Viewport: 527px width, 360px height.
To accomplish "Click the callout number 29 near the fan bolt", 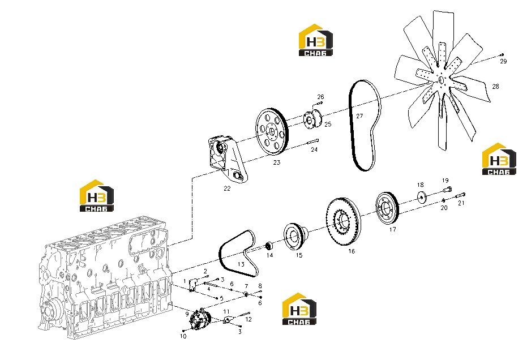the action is pos(503,61).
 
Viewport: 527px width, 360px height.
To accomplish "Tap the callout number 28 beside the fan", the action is pos(495,87).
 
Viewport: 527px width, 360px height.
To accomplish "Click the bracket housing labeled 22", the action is pos(228,158).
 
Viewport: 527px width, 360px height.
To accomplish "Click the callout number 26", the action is pos(320,97).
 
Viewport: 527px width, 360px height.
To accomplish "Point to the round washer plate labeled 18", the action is pos(422,197).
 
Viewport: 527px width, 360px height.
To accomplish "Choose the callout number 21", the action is pos(461,203).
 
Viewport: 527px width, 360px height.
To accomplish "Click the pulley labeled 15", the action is pos(295,236).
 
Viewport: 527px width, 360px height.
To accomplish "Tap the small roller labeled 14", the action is pos(268,246).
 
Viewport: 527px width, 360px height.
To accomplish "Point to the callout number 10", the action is pos(183,336).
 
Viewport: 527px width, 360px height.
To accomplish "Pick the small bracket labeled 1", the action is pos(193,285).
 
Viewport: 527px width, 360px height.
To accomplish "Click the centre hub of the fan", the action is pos(441,80).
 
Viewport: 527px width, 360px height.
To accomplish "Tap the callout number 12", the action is pos(248,319).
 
